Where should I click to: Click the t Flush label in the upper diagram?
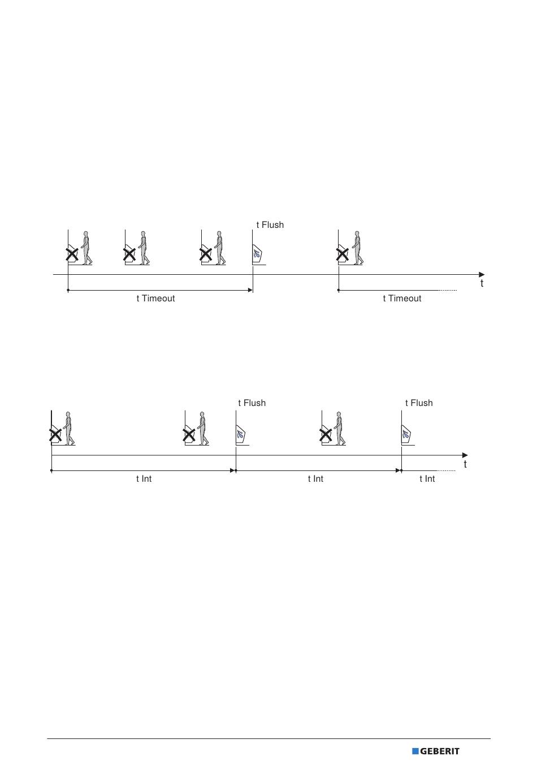pyautogui.click(x=270, y=224)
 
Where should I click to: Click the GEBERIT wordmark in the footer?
pyautogui.click(x=440, y=751)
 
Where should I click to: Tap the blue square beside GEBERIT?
pyautogui.click(x=415, y=751)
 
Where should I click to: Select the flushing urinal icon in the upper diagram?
pyautogui.click(x=257, y=254)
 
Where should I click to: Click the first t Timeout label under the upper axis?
pyautogui.click(x=155, y=299)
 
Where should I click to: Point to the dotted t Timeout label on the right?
pyautogui.click(x=402, y=299)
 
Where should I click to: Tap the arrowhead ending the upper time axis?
pyautogui.click(x=482, y=275)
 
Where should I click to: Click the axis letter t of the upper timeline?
pyautogui.click(x=482, y=283)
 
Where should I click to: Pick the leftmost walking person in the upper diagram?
pyautogui.click(x=86, y=248)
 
